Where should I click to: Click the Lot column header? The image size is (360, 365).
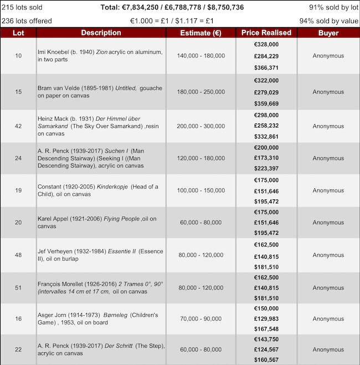pyautogui.click(x=18, y=33)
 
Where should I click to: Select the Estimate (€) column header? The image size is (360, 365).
pyautogui.click(x=200, y=33)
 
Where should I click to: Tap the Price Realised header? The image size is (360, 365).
pyautogui.click(x=266, y=33)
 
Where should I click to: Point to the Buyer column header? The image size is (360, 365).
pyautogui.click(x=328, y=33)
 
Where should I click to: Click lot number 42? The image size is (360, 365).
pyautogui.click(x=18, y=126)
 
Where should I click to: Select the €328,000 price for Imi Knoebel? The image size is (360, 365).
pyautogui.click(x=266, y=44)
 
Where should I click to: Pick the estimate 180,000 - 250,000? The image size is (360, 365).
pyautogui.click(x=200, y=92)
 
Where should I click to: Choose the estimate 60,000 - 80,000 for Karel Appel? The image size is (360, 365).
pyautogui.click(x=200, y=223)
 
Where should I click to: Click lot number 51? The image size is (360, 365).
pyautogui.click(x=18, y=287)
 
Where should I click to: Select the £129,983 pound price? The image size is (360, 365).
pyautogui.click(x=266, y=318)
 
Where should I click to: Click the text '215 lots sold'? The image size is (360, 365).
pyautogui.click(x=23, y=8)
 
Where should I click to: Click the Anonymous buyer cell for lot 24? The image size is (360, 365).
pyautogui.click(x=328, y=158)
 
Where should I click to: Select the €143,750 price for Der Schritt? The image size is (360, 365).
pyautogui.click(x=266, y=339)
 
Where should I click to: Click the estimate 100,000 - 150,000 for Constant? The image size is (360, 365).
pyautogui.click(x=200, y=191)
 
